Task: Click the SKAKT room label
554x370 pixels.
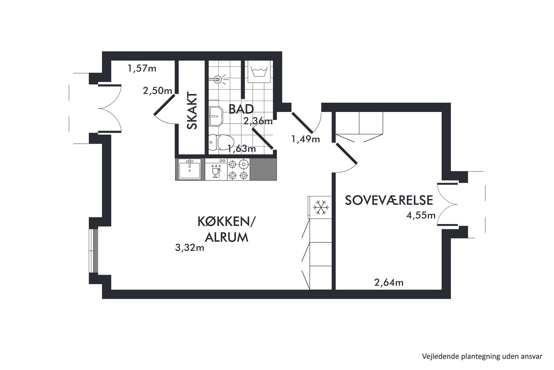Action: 192,111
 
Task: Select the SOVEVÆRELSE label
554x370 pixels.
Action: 389,200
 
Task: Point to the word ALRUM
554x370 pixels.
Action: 226,237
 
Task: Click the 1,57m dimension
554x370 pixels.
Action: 142,68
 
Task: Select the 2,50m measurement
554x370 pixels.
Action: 157,91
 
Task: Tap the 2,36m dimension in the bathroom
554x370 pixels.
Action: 258,121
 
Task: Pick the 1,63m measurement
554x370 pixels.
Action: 242,149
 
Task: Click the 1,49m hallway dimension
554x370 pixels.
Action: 305,139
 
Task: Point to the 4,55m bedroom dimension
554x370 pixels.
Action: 421,215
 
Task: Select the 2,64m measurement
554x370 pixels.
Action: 389,282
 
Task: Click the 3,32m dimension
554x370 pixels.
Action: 190,248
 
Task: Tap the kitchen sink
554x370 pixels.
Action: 190,169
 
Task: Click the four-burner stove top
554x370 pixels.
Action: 238,169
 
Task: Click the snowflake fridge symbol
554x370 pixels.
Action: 321,207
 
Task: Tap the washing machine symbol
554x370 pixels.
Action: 259,72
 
